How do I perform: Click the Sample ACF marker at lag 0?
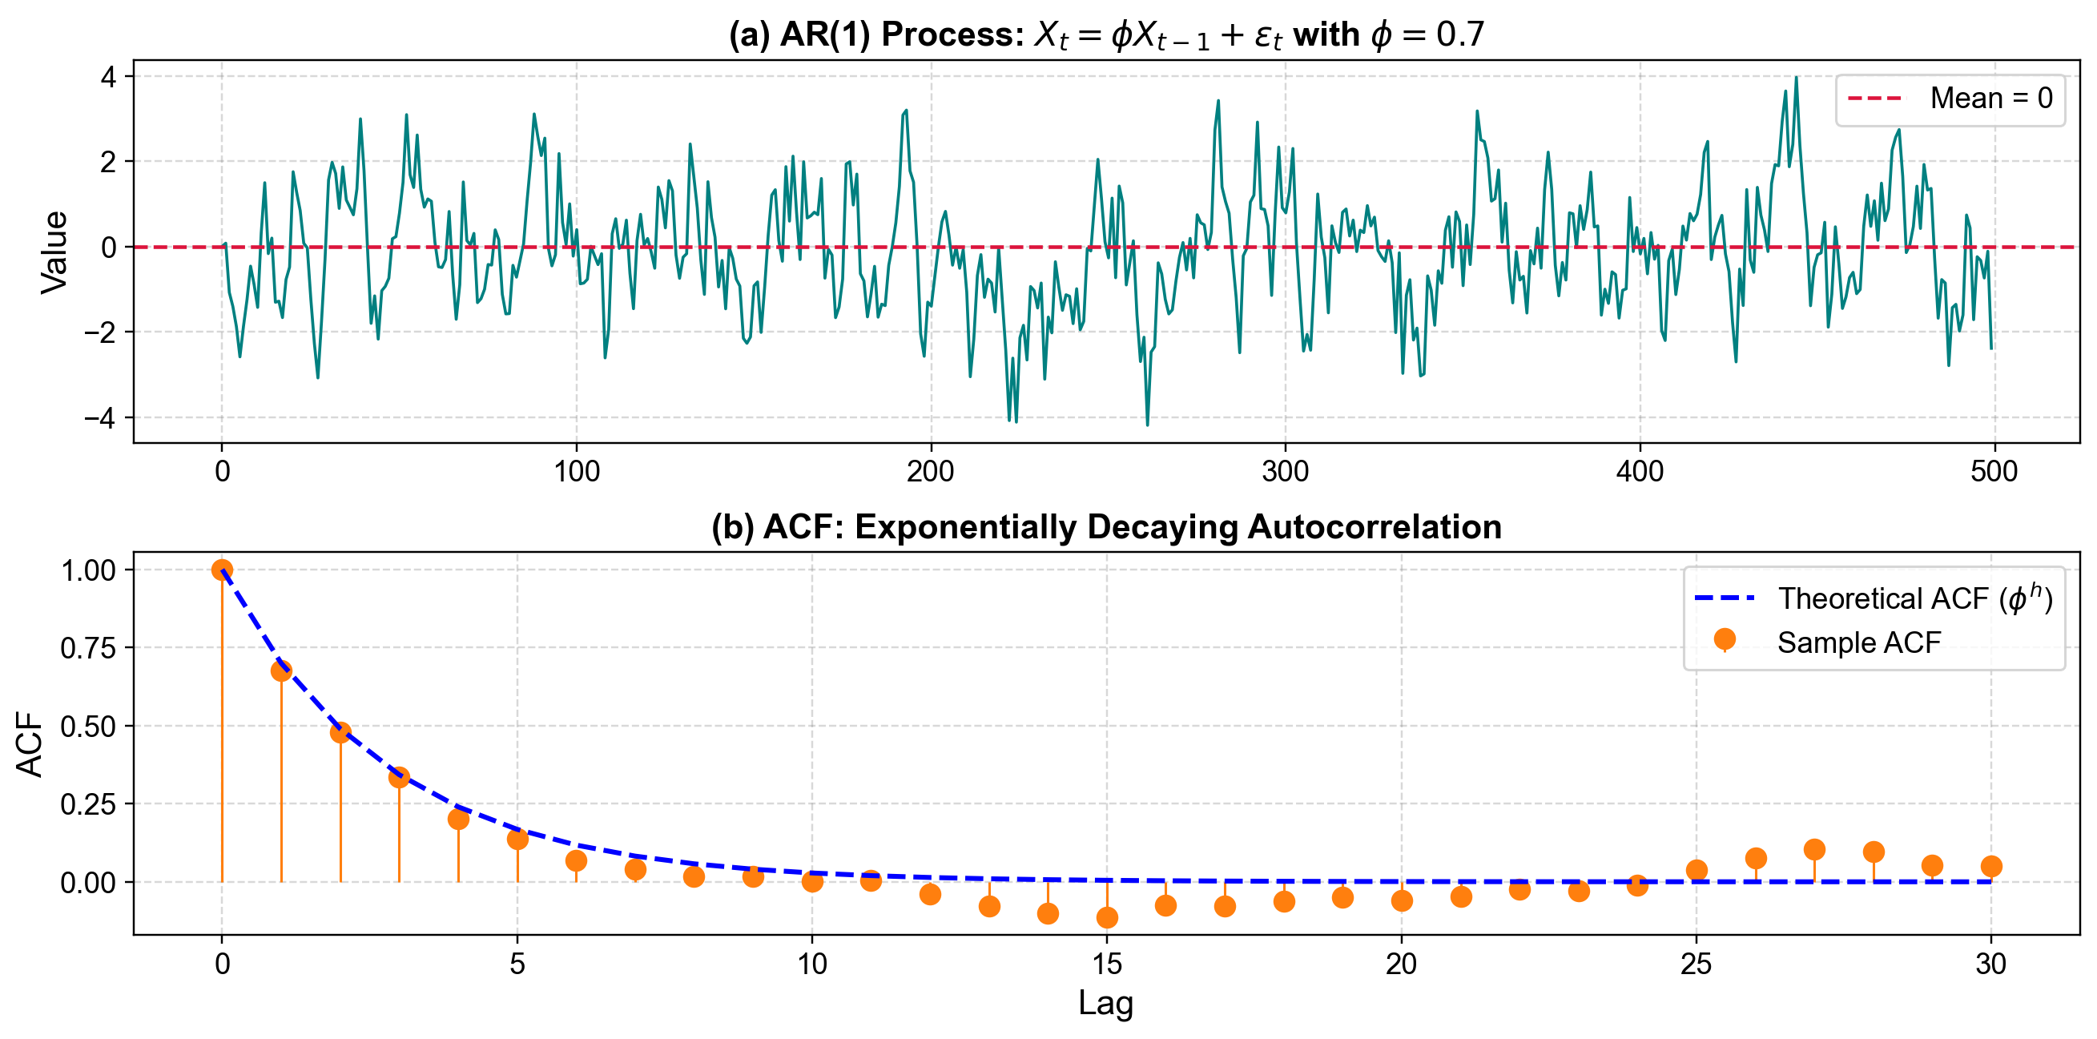[x=222, y=570]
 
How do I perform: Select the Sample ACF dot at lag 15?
[x=1107, y=918]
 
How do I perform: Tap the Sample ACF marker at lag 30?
[x=1991, y=867]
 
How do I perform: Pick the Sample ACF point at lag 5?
[x=517, y=839]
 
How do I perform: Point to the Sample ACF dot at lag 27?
[x=1814, y=850]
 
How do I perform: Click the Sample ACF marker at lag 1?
[x=282, y=671]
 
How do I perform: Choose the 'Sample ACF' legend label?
[x=1859, y=643]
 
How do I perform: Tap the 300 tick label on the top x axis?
[x=1286, y=472]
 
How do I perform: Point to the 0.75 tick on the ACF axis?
[x=89, y=648]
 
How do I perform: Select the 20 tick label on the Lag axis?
[x=1402, y=964]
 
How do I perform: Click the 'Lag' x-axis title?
[x=1105, y=1003]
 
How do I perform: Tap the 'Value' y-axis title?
[x=55, y=252]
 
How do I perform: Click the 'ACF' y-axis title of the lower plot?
[x=30, y=744]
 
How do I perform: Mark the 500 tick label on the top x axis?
[x=1994, y=472]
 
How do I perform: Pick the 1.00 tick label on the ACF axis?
[x=89, y=570]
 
